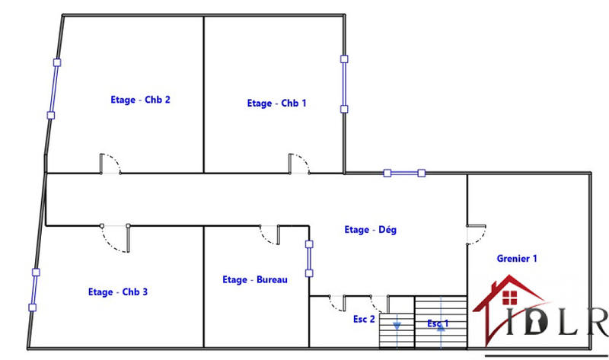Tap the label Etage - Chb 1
pos(277,104)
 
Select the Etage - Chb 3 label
pos(118,292)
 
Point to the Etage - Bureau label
pos(254,280)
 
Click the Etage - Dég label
pos(370,229)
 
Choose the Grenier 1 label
pos(517,259)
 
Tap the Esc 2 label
pos(364,320)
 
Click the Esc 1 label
pos(438,323)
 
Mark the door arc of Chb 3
pos(115,240)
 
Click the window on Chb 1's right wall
pos(344,84)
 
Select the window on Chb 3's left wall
pos(34,289)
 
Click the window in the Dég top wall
pos(404,174)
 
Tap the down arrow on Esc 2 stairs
pos(396,325)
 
